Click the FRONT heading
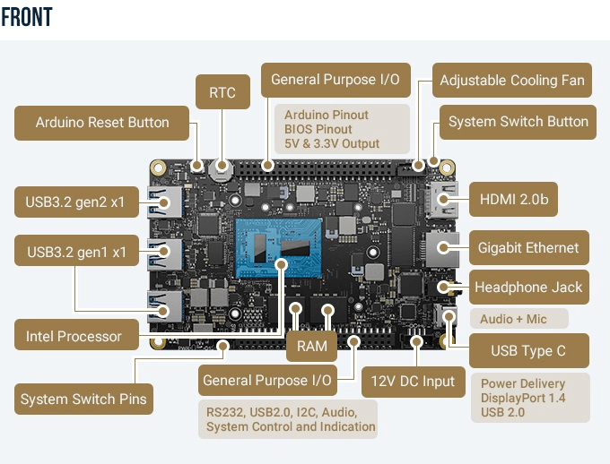(27, 18)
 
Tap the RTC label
(222, 92)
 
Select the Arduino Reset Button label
(102, 123)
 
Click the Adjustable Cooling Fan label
(511, 81)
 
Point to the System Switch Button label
(518, 122)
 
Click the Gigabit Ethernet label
(528, 247)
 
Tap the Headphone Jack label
(528, 288)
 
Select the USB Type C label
(527, 349)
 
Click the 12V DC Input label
(414, 381)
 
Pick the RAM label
(311, 345)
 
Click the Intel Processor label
(74, 337)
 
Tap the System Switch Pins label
(83, 399)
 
